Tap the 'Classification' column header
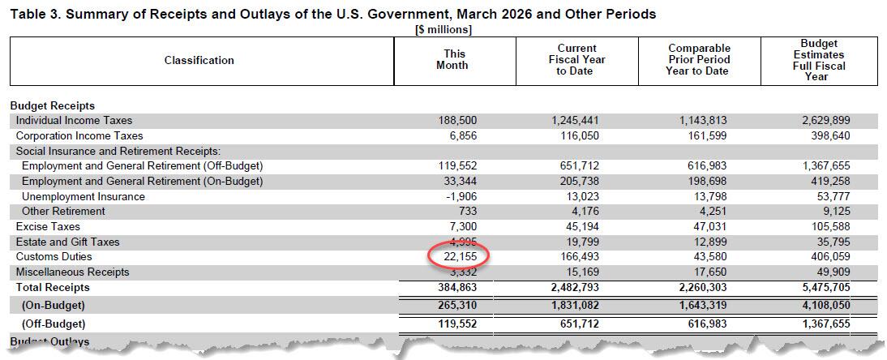click(199, 60)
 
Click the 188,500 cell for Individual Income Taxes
click(458, 120)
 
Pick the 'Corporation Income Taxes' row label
click(79, 135)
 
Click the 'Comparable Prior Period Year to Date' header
click(699, 60)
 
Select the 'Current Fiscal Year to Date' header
click(575, 60)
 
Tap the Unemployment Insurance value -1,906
click(459, 196)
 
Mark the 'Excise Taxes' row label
click(48, 226)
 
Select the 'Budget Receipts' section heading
click(53, 105)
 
